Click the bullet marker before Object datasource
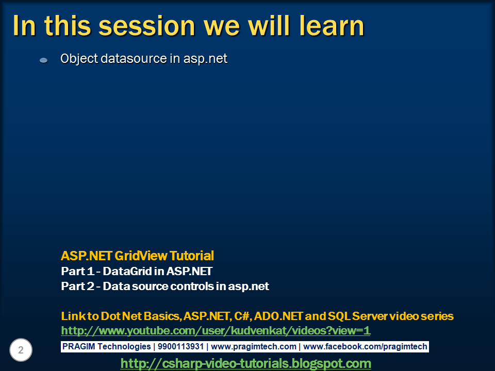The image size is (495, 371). [44, 60]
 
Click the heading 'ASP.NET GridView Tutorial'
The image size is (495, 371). [137, 256]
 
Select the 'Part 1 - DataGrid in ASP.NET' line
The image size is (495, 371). [136, 271]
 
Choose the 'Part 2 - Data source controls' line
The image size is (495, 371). [164, 286]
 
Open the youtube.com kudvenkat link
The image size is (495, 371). [216, 331]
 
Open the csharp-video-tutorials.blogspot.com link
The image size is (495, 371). [245, 363]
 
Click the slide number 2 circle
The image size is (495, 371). [21, 350]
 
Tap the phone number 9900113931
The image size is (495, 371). [179, 347]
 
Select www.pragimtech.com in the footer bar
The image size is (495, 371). [253, 347]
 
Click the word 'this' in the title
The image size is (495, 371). [57, 26]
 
